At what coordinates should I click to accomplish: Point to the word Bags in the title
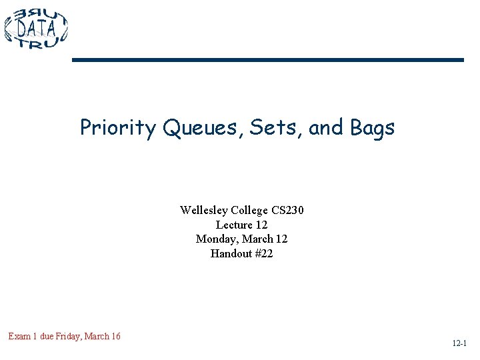pos(371,127)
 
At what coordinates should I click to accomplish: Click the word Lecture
pos(233,225)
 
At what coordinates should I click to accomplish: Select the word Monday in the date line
pos(216,239)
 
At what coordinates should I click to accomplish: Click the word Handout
pos(231,253)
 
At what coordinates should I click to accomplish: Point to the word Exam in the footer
pos(19,337)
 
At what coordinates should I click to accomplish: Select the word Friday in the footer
pos(65,337)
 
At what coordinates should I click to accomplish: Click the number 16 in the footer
pos(115,337)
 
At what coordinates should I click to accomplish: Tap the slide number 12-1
pos(459,344)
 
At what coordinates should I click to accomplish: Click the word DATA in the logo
pos(37,29)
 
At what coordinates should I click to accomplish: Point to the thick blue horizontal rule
pos(267,60)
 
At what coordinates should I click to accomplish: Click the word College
pos(247,211)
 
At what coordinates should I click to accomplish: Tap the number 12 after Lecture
pos(261,225)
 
